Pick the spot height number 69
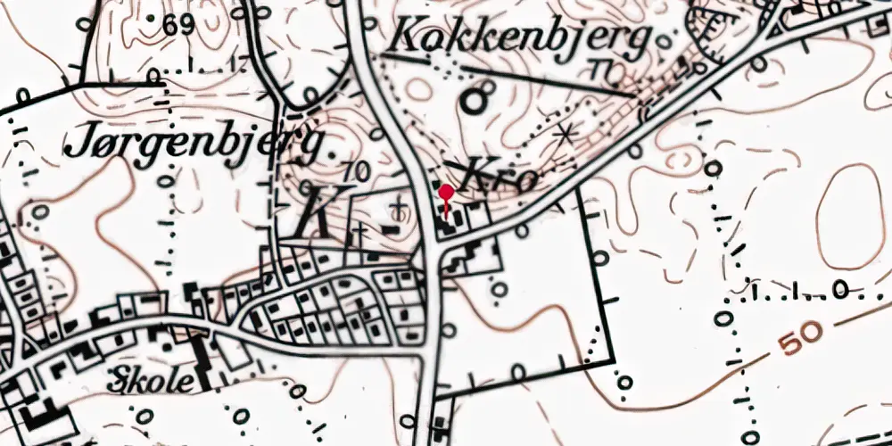click(x=178, y=25)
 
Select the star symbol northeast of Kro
click(x=563, y=136)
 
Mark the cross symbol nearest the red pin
click(x=400, y=209)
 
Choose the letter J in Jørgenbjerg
click(x=78, y=142)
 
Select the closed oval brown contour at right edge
click(x=851, y=216)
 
